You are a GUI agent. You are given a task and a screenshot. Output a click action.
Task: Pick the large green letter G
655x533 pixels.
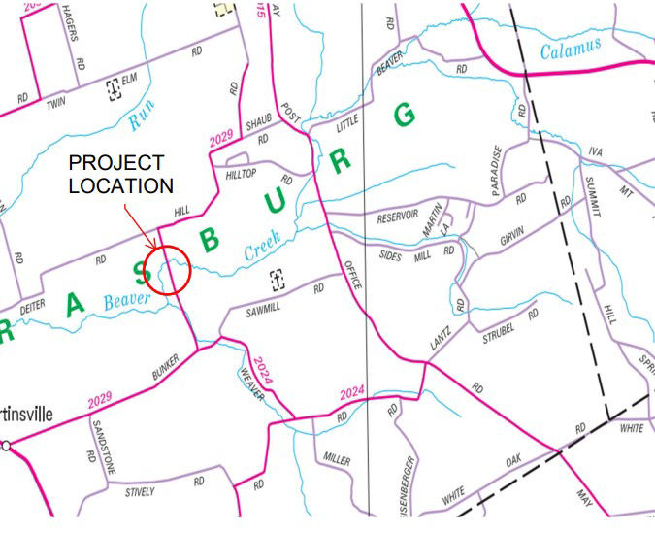(405, 115)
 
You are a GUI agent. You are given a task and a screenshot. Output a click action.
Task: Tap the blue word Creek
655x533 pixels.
(262, 249)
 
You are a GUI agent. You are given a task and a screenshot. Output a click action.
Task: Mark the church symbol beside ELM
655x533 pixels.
(114, 90)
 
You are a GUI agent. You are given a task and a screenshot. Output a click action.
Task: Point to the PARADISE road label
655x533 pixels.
(498, 171)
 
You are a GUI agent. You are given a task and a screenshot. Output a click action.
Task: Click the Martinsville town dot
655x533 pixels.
(7, 446)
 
